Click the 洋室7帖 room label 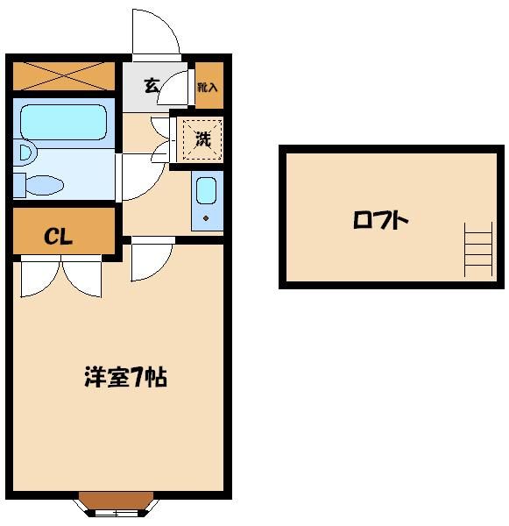pos(125,377)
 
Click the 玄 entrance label pos(152,86)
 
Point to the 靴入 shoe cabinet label pos(208,87)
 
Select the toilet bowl pos(44,184)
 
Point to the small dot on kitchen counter pos(207,217)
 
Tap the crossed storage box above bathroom pos(64,76)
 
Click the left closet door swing pos(39,278)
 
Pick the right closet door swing pos(84,278)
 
